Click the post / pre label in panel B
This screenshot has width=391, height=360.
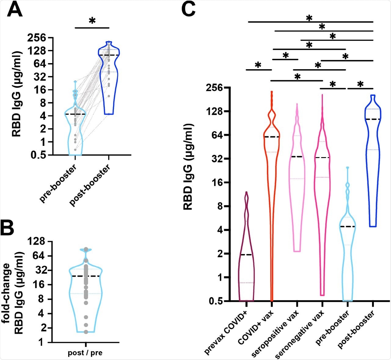(x=85, y=353)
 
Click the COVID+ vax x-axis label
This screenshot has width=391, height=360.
(x=256, y=326)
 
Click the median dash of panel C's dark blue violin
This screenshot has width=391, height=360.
(x=373, y=119)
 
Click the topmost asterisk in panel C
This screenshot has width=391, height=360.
(x=309, y=18)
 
